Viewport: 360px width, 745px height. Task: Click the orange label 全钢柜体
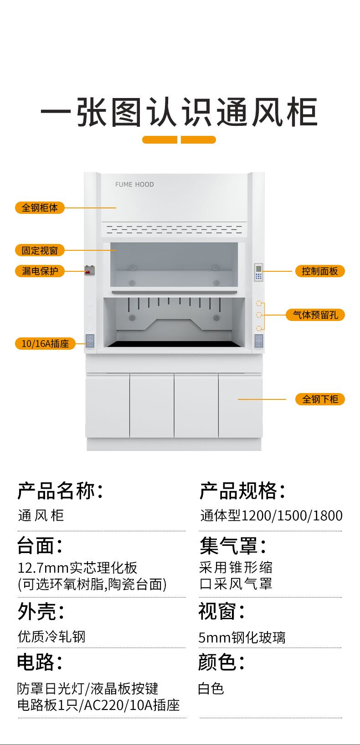[40, 208]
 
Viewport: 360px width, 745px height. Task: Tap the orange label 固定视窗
[40, 250]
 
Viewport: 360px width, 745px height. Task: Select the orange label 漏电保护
[40, 271]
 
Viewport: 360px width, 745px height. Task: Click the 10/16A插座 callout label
[45, 344]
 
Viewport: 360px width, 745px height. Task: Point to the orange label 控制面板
[319, 271]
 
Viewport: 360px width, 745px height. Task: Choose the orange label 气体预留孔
[315, 315]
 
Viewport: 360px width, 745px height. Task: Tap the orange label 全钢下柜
[320, 399]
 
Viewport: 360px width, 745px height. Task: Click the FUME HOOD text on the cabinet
[134, 185]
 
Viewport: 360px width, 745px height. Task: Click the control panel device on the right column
[258, 272]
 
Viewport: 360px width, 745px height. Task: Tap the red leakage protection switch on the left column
[90, 270]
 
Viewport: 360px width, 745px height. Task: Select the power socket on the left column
[90, 341]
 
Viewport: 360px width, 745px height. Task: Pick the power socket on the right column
[259, 341]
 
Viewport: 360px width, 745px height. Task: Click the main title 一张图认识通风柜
[179, 112]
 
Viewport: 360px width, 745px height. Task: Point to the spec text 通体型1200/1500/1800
[271, 516]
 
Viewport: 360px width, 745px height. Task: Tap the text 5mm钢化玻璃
[242, 637]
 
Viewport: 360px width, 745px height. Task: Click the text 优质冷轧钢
[51, 636]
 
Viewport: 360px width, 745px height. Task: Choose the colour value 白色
[211, 688]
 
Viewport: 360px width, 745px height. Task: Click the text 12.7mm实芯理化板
[77, 568]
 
